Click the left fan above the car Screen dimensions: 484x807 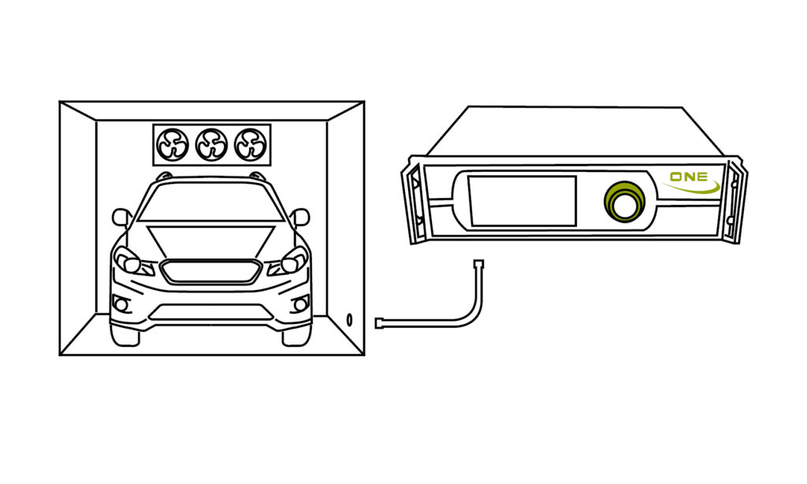point(173,144)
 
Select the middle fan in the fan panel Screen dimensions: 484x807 point(211,144)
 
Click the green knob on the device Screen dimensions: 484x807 point(624,202)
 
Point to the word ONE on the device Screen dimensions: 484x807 point(688,177)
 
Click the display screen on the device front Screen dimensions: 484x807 point(522,201)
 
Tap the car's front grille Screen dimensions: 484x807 point(210,271)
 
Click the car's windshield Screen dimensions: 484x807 point(210,203)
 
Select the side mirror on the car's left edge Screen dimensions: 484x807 point(121,217)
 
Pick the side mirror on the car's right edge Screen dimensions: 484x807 point(299,217)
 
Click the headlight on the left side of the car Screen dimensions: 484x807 point(127,259)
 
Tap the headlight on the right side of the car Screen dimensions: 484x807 point(294,259)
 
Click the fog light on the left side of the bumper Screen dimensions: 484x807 point(121,304)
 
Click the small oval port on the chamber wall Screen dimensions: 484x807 point(349,319)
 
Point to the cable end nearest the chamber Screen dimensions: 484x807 point(378,322)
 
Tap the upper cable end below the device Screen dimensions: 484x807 point(478,265)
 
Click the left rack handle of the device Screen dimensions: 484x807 point(415,200)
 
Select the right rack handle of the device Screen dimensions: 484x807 point(736,200)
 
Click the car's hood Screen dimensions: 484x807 point(210,240)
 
